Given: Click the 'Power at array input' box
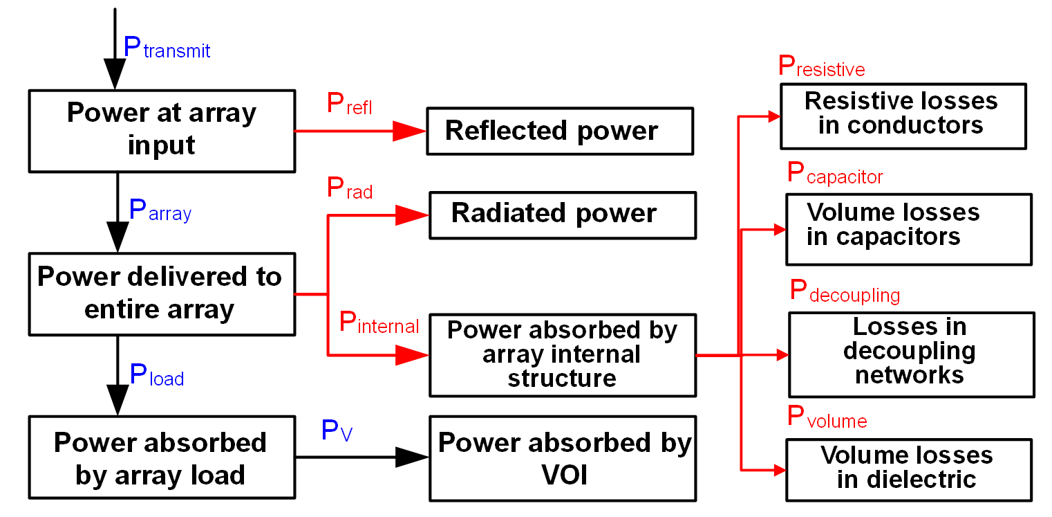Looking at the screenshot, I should (x=162, y=130).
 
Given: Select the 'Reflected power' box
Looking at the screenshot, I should (x=559, y=131).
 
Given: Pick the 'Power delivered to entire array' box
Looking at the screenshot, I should (x=162, y=293).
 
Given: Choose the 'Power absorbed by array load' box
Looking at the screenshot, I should (x=162, y=459).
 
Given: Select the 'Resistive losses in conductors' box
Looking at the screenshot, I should (x=903, y=116).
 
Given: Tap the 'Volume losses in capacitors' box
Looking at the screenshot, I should (x=908, y=229).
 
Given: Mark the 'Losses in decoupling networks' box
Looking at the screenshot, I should (x=911, y=354).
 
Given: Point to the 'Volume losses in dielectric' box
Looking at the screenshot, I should (x=908, y=469).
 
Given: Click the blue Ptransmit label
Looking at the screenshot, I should (x=167, y=48).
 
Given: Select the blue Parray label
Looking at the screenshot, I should (x=160, y=211).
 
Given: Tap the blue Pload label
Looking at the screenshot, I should (x=157, y=376).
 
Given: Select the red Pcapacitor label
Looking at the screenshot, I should (x=835, y=174).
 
